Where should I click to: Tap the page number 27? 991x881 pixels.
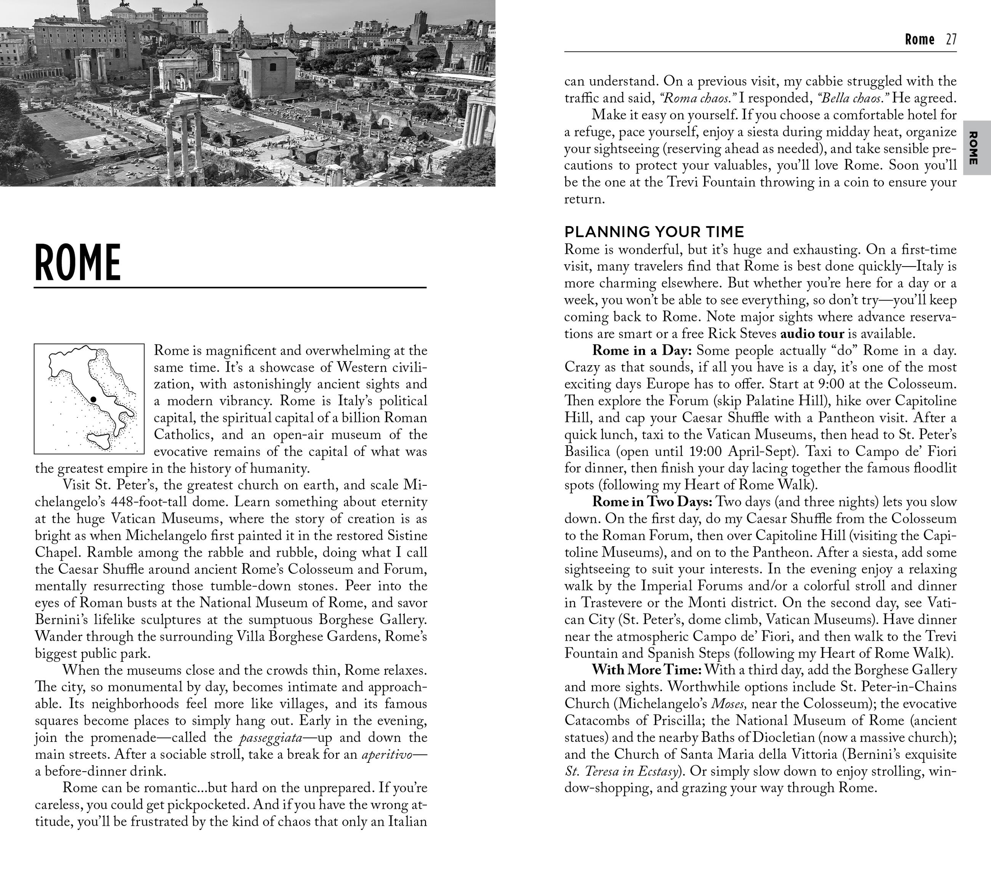[951, 39]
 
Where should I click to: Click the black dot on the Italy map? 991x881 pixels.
[93, 399]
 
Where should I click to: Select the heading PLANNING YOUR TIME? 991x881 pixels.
[654, 231]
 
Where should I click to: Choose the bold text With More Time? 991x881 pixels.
[647, 670]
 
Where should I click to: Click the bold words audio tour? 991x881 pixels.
[812, 334]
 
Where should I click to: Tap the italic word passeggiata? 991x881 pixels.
[271, 738]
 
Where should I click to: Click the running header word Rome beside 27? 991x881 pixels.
[919, 39]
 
